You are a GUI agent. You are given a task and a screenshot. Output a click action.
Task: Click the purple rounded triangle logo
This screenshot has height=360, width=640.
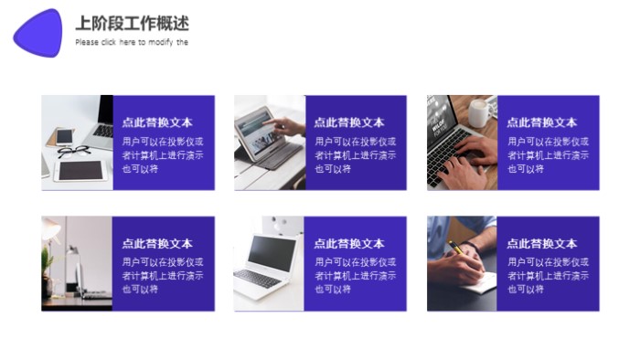click(39, 33)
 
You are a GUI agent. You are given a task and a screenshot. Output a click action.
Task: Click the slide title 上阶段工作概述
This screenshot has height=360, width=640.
click(132, 24)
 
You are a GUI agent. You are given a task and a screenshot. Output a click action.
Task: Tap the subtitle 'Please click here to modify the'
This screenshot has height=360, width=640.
click(132, 42)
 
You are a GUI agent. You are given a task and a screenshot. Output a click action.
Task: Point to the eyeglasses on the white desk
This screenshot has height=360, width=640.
click(73, 152)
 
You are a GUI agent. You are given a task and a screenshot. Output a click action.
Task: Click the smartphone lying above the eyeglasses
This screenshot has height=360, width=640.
click(64, 136)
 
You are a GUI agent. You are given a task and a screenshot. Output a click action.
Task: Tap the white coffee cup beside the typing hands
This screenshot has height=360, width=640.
click(478, 114)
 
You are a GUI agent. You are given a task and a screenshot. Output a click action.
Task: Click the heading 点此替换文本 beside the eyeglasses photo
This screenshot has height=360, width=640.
click(157, 122)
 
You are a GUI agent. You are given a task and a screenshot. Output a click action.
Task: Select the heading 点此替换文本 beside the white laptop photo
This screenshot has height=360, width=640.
click(349, 244)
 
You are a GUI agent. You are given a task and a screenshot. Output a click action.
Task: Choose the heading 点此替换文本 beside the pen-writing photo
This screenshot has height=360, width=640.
click(542, 244)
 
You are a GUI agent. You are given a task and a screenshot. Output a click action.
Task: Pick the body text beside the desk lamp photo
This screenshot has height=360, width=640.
click(163, 275)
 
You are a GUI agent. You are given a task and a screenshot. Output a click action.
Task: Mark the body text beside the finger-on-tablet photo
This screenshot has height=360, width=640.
click(356, 155)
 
